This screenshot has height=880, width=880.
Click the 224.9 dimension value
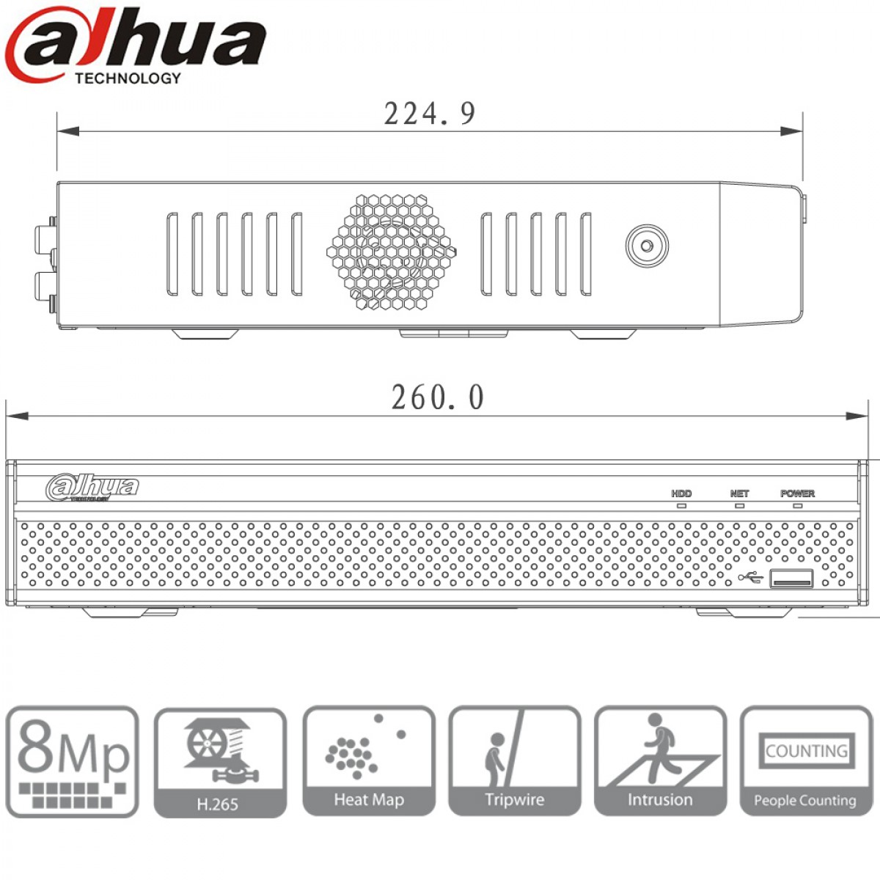pos(430,114)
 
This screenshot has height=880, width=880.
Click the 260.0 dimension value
pos(438,397)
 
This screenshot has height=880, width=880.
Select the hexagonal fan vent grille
pos(392,252)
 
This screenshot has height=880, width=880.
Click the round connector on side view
pos(647,246)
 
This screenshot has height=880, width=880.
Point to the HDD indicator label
pos(681,494)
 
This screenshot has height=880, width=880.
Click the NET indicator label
pos(739,494)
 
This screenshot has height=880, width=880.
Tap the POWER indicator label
pos(797,494)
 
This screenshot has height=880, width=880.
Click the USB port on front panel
pos(791,578)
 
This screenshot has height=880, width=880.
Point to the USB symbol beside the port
pos(751,578)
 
